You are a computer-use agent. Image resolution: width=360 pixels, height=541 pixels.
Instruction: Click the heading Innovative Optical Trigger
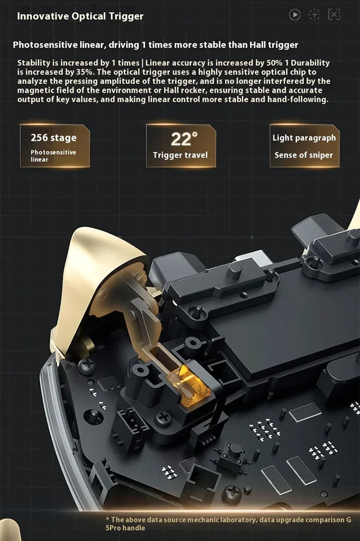(80, 16)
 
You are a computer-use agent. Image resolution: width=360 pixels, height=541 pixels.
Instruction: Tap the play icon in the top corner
(295, 15)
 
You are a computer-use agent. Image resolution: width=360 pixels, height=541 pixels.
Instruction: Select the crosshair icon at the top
(314, 15)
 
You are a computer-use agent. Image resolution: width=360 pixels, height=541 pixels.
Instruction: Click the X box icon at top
(334, 15)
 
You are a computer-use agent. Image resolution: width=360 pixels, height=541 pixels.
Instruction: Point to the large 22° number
(184, 139)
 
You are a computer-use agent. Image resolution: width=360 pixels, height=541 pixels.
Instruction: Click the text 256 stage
(53, 138)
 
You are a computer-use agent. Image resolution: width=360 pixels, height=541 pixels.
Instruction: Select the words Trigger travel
(180, 155)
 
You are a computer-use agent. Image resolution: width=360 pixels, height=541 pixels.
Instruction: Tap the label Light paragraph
(304, 138)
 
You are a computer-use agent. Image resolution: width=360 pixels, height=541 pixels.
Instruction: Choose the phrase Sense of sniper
(304, 155)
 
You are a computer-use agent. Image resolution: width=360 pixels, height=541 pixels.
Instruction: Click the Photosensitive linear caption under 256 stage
(53, 156)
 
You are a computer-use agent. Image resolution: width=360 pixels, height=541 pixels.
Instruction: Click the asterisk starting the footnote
(107, 520)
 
